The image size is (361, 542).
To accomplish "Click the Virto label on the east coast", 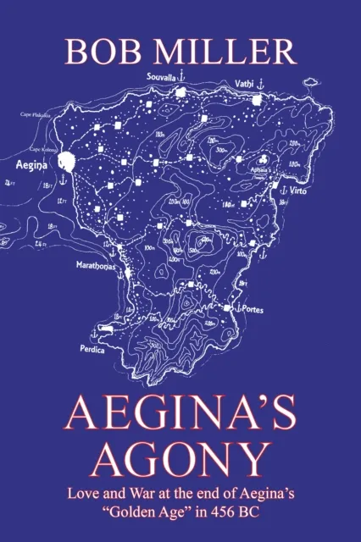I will point(299,192).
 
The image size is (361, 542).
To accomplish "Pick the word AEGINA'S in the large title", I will point(180,412).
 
